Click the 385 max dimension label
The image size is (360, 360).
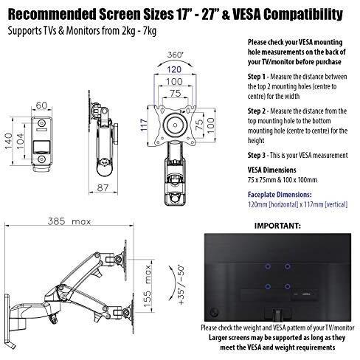click(69, 221)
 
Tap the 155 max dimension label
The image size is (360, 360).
click(147, 286)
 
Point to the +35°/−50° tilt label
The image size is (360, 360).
click(181, 285)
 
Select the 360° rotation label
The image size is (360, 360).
click(176, 55)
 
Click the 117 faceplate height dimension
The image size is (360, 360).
click(144, 125)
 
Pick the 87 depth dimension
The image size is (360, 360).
click(103, 188)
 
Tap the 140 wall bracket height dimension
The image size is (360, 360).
click(8, 141)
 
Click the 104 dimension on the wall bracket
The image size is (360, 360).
click(20, 141)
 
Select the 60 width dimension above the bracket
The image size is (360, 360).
click(41, 105)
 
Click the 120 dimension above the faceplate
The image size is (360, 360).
click(174, 69)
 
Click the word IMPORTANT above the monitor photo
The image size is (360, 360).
click(277, 226)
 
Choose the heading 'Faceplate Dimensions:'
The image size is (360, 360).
click(280, 195)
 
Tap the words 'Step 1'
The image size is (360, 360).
click(257, 77)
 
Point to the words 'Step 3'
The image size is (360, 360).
click(257, 156)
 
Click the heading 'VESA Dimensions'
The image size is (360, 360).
click(271, 170)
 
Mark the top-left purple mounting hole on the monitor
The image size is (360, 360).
click(268, 266)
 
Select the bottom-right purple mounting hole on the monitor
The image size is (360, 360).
click(287, 286)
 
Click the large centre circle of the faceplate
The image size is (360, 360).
click(175, 125)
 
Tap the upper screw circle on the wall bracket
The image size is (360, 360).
click(41, 122)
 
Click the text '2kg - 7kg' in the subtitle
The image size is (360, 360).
click(139, 31)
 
